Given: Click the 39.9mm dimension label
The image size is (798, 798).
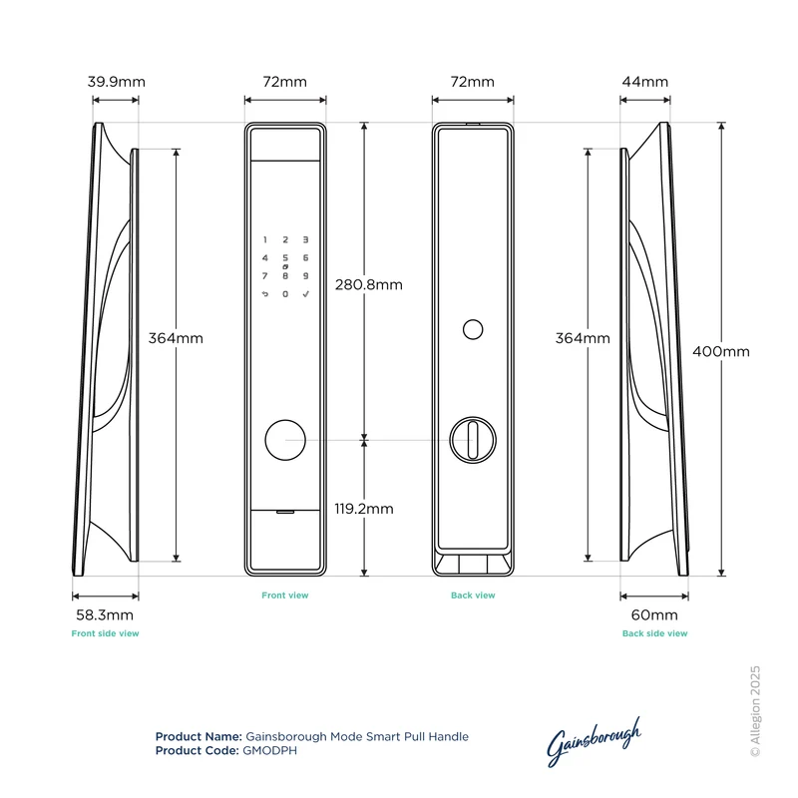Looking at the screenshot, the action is (116, 82).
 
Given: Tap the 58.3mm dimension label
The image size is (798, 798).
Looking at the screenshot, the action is (105, 614).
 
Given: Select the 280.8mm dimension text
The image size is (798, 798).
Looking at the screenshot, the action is (369, 284).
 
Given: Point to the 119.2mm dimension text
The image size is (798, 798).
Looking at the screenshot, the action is (364, 509).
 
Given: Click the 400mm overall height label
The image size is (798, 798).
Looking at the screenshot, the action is (721, 351).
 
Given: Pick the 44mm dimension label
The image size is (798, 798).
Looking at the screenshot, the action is (644, 82).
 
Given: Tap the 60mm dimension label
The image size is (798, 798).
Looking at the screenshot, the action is (654, 614).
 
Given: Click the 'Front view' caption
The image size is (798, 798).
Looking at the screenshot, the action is (285, 595).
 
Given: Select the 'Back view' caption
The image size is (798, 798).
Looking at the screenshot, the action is (473, 595).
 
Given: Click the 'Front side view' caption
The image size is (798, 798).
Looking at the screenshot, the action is (106, 633).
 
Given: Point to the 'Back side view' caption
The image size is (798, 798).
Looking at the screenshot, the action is (655, 633).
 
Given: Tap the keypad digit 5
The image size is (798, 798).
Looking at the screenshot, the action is (285, 258).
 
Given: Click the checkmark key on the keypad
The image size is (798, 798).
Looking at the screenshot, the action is (306, 293).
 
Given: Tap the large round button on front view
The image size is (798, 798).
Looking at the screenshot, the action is (285, 440).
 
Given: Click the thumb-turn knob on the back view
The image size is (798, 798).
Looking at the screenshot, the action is (473, 440).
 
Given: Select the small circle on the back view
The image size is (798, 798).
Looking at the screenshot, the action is (473, 330).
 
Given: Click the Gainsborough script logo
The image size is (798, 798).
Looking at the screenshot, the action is (594, 741).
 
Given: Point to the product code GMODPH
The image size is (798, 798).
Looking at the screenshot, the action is (269, 751).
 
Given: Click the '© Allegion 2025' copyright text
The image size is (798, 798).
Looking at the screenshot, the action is (755, 711).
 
